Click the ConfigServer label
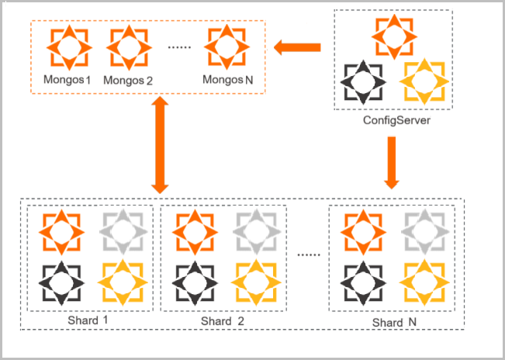392,122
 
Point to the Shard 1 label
87,321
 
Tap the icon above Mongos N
227,47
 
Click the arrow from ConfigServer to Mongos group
300,48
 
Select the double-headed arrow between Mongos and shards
160,145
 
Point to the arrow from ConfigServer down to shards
393,164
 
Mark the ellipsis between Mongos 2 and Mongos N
179,48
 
